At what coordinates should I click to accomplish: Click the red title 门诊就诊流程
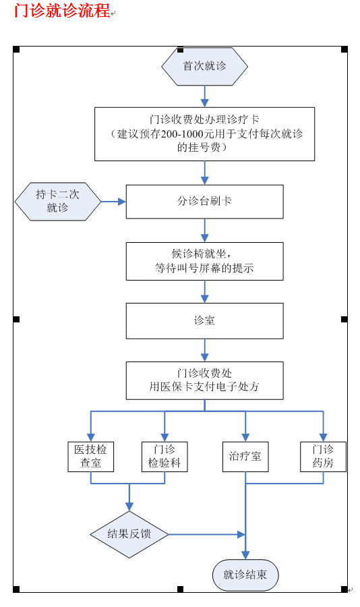click(62, 10)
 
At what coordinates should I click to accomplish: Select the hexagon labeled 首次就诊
click(204, 66)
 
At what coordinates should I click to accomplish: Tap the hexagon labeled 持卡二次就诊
click(58, 202)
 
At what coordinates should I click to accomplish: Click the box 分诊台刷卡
click(204, 202)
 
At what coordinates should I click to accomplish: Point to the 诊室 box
click(204, 321)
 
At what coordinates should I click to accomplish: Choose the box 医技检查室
click(90, 457)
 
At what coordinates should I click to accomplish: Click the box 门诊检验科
click(164, 457)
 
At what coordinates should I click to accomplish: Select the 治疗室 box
click(245, 457)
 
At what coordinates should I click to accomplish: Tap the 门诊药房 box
click(323, 457)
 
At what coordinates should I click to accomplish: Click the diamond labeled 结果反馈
click(129, 535)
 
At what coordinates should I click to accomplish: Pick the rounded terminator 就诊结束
click(245, 575)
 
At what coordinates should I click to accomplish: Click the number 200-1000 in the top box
click(182, 134)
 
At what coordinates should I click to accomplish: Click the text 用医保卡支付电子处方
click(204, 386)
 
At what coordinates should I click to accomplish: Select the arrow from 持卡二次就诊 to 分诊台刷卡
click(113, 202)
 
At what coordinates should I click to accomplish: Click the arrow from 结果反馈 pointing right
click(207, 535)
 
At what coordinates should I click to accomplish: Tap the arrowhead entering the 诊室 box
click(204, 299)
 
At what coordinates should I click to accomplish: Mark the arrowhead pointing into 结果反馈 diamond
click(129, 507)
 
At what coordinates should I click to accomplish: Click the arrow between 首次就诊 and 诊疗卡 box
click(204, 96)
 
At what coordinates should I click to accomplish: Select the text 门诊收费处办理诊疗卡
click(204, 119)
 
